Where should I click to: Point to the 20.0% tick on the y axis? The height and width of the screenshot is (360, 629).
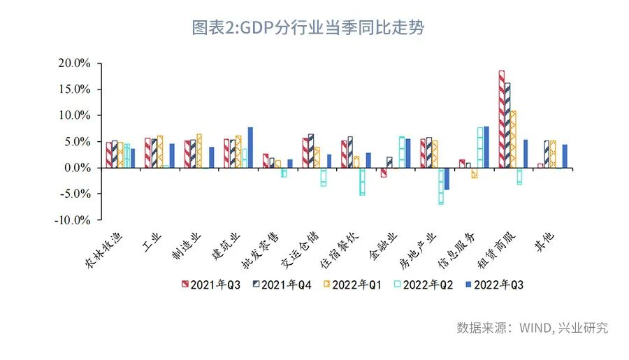click(74, 63)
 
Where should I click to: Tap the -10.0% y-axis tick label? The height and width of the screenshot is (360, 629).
click(73, 220)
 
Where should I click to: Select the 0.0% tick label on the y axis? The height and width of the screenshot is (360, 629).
click(77, 168)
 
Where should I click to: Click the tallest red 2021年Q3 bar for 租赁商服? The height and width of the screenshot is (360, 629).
click(502, 119)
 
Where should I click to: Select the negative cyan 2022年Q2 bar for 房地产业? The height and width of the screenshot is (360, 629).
click(441, 186)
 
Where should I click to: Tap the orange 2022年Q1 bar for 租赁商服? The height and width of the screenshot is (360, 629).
click(513, 139)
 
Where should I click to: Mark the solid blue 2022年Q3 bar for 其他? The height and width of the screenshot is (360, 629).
click(565, 156)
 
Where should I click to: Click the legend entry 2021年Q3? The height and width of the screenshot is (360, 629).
click(211, 285)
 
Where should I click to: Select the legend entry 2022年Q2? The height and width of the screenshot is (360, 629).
click(424, 285)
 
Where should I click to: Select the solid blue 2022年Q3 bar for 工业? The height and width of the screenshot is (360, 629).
click(172, 155)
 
